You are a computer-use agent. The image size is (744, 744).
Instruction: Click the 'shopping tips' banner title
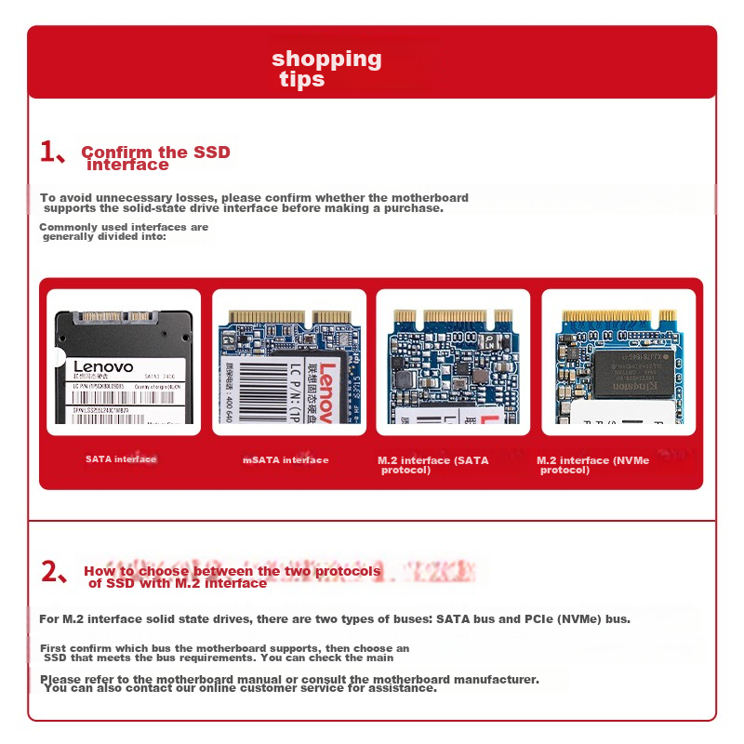click(x=326, y=69)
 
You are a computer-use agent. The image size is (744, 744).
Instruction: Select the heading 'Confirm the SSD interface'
click(x=154, y=158)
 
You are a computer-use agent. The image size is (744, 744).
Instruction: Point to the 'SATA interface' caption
click(x=121, y=459)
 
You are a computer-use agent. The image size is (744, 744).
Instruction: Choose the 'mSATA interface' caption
click(x=286, y=459)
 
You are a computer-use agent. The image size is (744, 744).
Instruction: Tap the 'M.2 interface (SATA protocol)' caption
click(x=432, y=465)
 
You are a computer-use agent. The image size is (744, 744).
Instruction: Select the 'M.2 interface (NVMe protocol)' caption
click(x=592, y=465)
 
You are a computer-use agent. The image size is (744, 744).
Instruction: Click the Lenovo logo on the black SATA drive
click(x=103, y=367)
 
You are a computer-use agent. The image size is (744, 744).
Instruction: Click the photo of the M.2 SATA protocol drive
click(x=453, y=362)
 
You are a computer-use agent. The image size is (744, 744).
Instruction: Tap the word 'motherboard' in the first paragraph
click(x=430, y=198)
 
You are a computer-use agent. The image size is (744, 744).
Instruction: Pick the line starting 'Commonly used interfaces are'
click(x=124, y=227)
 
